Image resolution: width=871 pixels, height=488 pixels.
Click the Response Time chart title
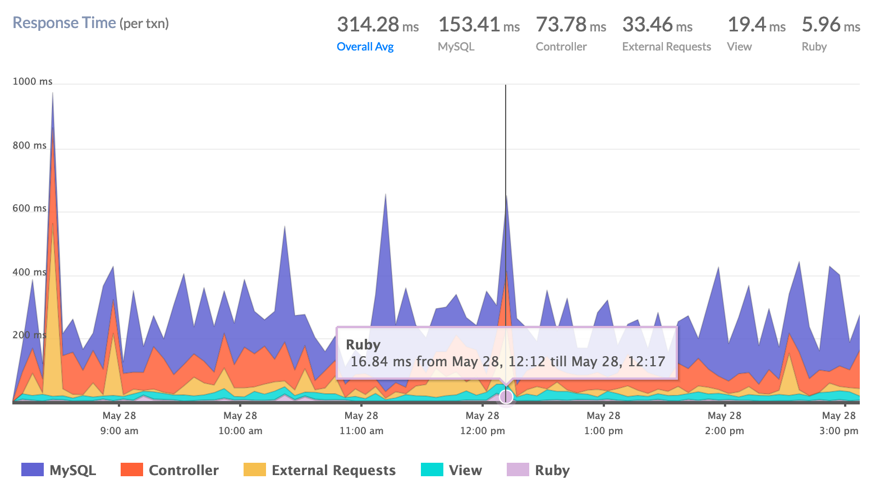click(64, 23)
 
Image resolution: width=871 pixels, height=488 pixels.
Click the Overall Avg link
click(365, 47)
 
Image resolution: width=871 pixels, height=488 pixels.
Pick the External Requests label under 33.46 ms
click(666, 47)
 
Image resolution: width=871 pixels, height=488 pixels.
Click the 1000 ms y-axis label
click(33, 81)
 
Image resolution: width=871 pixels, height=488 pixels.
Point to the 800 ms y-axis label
click(30, 145)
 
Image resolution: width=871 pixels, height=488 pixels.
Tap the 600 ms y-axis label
click(30, 208)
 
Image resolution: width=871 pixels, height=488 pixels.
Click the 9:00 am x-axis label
click(119, 431)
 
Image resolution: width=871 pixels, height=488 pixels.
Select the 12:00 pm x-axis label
click(482, 431)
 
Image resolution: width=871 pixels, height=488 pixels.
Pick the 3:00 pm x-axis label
click(838, 431)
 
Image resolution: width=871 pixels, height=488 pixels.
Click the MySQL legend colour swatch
click(32, 470)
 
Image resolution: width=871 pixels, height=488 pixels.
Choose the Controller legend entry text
click(184, 470)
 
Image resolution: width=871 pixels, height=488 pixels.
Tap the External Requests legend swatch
click(254, 470)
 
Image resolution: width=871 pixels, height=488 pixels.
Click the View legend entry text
click(465, 470)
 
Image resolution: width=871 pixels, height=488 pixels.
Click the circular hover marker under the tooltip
click(506, 397)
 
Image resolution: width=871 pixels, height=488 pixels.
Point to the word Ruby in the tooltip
click(363, 344)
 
